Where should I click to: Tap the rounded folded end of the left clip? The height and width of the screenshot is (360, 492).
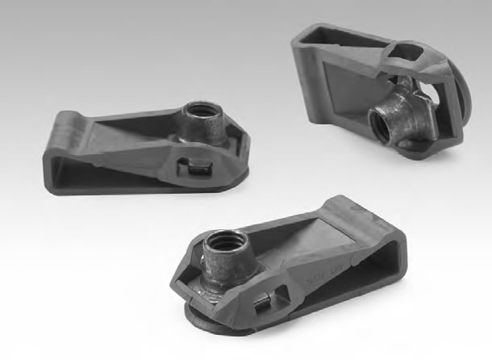(50, 145)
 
